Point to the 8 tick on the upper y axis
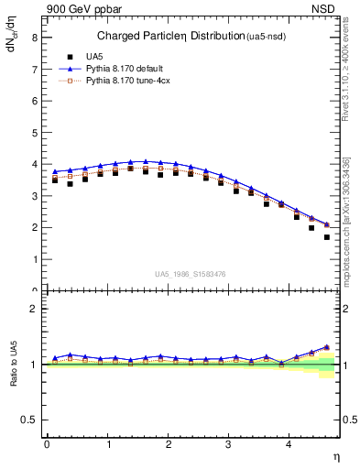[36, 38]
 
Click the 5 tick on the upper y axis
[36, 133]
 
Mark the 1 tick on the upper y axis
[36, 259]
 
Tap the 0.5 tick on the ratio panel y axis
[32, 420]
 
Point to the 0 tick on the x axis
[47, 443]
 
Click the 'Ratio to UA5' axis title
[14, 376]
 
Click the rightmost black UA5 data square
[327, 237]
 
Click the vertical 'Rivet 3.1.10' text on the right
[348, 73]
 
